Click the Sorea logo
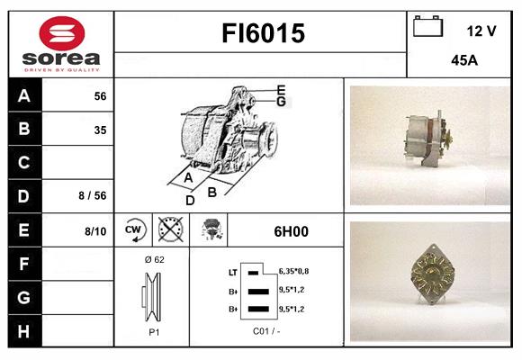coord(60,45)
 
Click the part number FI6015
coord(264,34)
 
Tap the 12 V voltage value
coord(481,31)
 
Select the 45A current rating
coord(463,61)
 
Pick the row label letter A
coord(24,96)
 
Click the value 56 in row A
coord(100,96)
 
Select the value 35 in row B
coord(100,130)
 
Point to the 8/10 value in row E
coord(95,231)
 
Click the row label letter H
coord(24,330)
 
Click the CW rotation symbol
coord(134,230)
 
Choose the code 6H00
coord(291,231)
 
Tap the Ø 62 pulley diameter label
coord(153,259)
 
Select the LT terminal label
coord(233,271)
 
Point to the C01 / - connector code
coord(266,330)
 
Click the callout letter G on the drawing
coord(281,102)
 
